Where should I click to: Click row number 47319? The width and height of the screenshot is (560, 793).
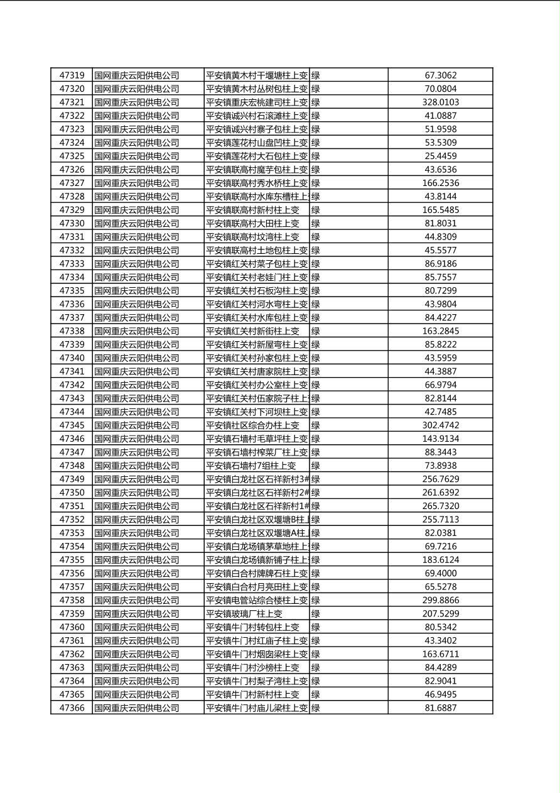tap(72, 75)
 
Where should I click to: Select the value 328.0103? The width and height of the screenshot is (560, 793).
tap(440, 102)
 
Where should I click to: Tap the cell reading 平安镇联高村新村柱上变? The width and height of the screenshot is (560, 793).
tap(253, 210)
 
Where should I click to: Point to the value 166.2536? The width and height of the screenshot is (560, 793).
tap(440, 183)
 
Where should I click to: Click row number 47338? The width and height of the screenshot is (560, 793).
tap(72, 331)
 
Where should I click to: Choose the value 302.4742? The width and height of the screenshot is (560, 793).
tap(440, 425)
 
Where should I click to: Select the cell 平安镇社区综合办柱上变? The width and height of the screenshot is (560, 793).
tap(253, 425)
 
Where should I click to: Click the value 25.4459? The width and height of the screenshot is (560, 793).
tap(440, 156)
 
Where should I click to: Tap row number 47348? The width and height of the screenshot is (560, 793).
tap(72, 466)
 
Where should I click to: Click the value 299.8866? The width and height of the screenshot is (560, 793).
tap(440, 600)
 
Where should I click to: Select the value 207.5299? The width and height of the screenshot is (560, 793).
tap(440, 614)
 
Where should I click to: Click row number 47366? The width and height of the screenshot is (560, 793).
tap(72, 708)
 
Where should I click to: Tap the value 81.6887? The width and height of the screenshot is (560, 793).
tap(440, 708)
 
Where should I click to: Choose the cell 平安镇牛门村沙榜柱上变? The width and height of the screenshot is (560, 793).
tap(253, 667)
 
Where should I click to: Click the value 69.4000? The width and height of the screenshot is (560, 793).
tap(440, 573)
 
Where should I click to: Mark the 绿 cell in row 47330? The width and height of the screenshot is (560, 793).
tap(316, 223)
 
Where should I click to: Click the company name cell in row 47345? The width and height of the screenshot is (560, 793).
tap(137, 425)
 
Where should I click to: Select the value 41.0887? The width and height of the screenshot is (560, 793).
tap(440, 116)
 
